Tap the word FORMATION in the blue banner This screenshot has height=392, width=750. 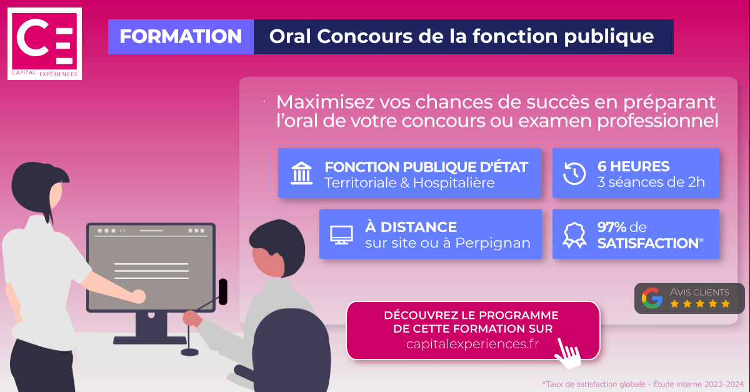coord(181,37)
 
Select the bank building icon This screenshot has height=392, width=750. coord(302,173)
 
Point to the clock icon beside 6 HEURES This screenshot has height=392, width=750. coord(574,173)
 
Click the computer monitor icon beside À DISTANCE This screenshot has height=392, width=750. coord(341,234)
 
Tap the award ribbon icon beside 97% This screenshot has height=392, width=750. coord(574,234)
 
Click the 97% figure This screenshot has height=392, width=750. coord(612,227)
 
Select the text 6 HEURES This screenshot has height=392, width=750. coord(633,166)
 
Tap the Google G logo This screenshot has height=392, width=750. coord(652,298)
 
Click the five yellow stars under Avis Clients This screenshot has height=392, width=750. coord(699,304)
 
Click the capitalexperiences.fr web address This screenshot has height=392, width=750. coord(472,344)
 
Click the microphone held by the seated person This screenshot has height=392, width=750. coord(222,291)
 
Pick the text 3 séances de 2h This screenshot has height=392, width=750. coord(651,182)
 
